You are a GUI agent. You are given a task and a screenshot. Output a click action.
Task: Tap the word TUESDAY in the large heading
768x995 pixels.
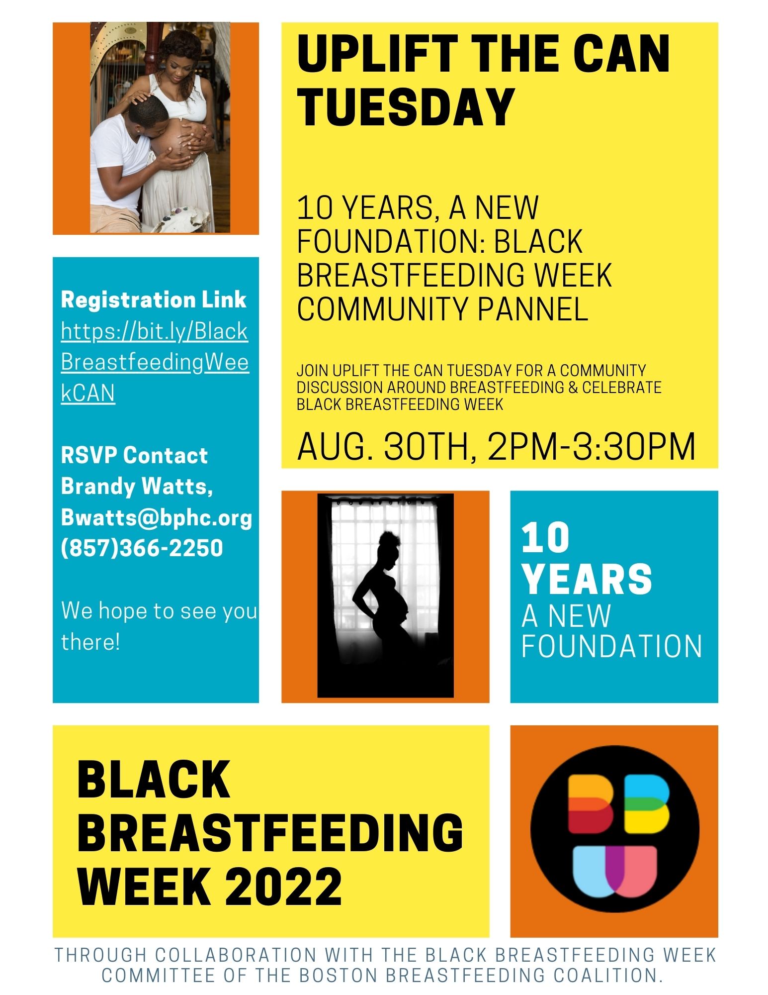point(406,106)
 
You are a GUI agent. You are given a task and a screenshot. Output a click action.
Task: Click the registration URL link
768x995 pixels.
point(155,362)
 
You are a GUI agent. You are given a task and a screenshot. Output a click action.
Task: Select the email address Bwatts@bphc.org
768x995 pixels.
point(157,517)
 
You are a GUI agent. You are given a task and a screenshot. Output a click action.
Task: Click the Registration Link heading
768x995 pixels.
point(154,299)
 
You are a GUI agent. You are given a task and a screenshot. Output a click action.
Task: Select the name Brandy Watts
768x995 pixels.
point(137,487)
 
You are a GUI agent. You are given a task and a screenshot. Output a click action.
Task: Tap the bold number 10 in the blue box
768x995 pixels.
point(545,538)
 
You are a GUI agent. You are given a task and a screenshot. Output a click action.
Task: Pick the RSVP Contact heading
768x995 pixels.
point(134,455)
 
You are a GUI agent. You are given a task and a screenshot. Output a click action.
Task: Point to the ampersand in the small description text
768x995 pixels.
point(573,387)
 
